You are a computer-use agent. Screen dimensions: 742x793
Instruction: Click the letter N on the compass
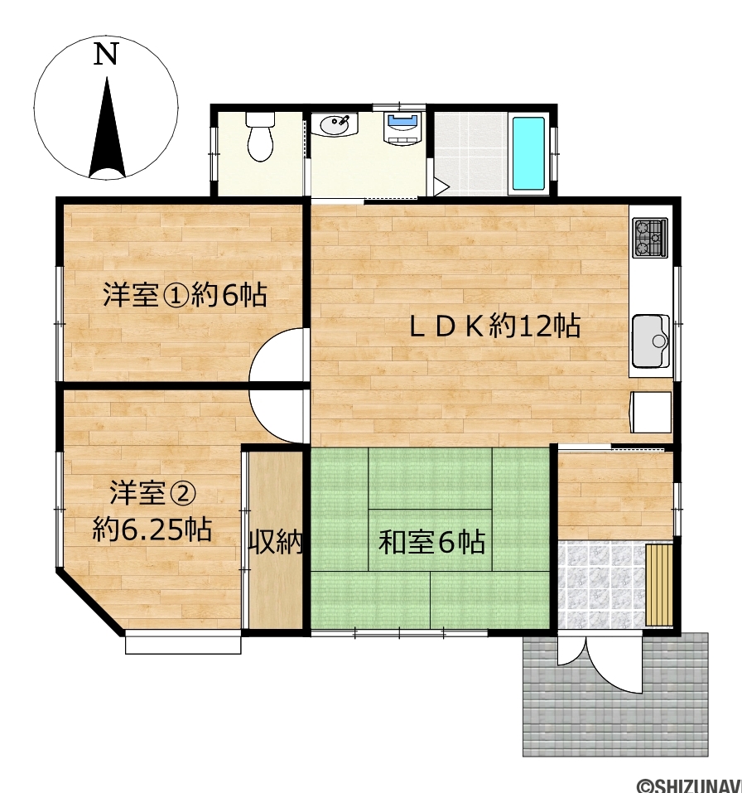106,54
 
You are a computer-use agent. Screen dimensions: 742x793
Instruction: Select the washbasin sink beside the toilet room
334,124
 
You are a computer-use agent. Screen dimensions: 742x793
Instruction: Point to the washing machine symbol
402,128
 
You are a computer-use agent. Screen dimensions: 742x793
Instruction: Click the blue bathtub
528,153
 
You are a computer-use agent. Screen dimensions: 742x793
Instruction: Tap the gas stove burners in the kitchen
650,237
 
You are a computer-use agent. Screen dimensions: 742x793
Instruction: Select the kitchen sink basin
651,341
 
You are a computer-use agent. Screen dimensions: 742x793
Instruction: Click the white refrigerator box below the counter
651,412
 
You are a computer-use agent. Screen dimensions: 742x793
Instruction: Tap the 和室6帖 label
432,542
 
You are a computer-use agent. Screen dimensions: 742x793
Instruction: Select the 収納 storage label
276,542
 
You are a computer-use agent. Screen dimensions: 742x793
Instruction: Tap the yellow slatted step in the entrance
660,585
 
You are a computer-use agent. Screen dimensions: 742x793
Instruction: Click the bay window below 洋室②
183,641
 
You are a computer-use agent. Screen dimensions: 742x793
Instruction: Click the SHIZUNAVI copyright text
689,785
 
